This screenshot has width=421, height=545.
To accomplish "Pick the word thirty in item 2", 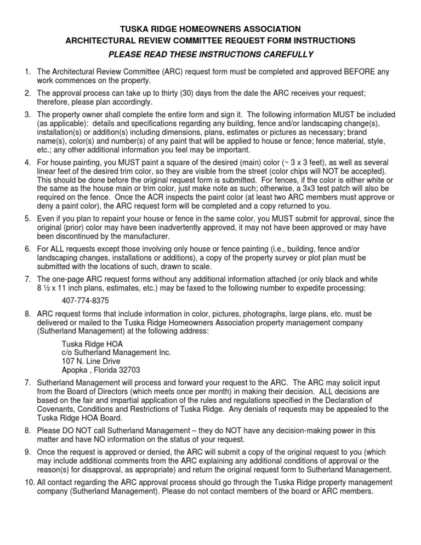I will pos(163,92).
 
